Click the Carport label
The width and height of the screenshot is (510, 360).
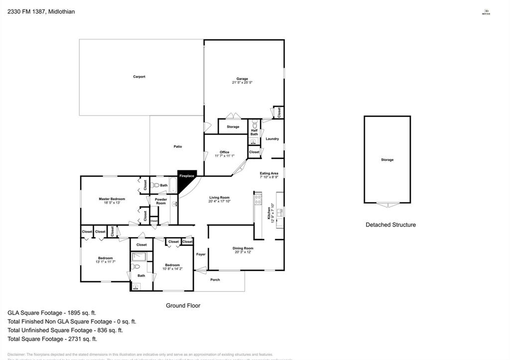pos(139,77)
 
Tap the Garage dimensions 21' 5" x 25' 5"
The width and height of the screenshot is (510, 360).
pos(242,83)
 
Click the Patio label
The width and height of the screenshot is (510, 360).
pos(178,146)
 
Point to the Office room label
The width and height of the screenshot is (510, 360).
pos(224,152)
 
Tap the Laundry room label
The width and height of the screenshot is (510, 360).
pos(272,139)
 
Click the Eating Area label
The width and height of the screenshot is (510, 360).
pos(269,173)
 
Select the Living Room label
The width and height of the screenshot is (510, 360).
pos(219,198)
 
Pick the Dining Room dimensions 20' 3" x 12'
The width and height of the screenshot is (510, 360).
pos(243,252)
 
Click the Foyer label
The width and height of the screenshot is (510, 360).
pos(201,254)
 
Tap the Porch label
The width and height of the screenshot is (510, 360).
pos(215,280)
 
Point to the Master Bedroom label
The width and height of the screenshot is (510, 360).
pos(112,199)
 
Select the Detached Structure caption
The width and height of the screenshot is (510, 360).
pos(390,225)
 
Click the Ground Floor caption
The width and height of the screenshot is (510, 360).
pos(183,305)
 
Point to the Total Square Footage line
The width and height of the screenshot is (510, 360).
pos(52,339)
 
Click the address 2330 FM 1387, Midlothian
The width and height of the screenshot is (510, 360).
pos(41,11)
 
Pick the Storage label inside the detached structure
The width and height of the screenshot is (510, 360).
pos(387,160)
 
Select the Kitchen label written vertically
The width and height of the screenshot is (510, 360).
pos(269,214)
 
